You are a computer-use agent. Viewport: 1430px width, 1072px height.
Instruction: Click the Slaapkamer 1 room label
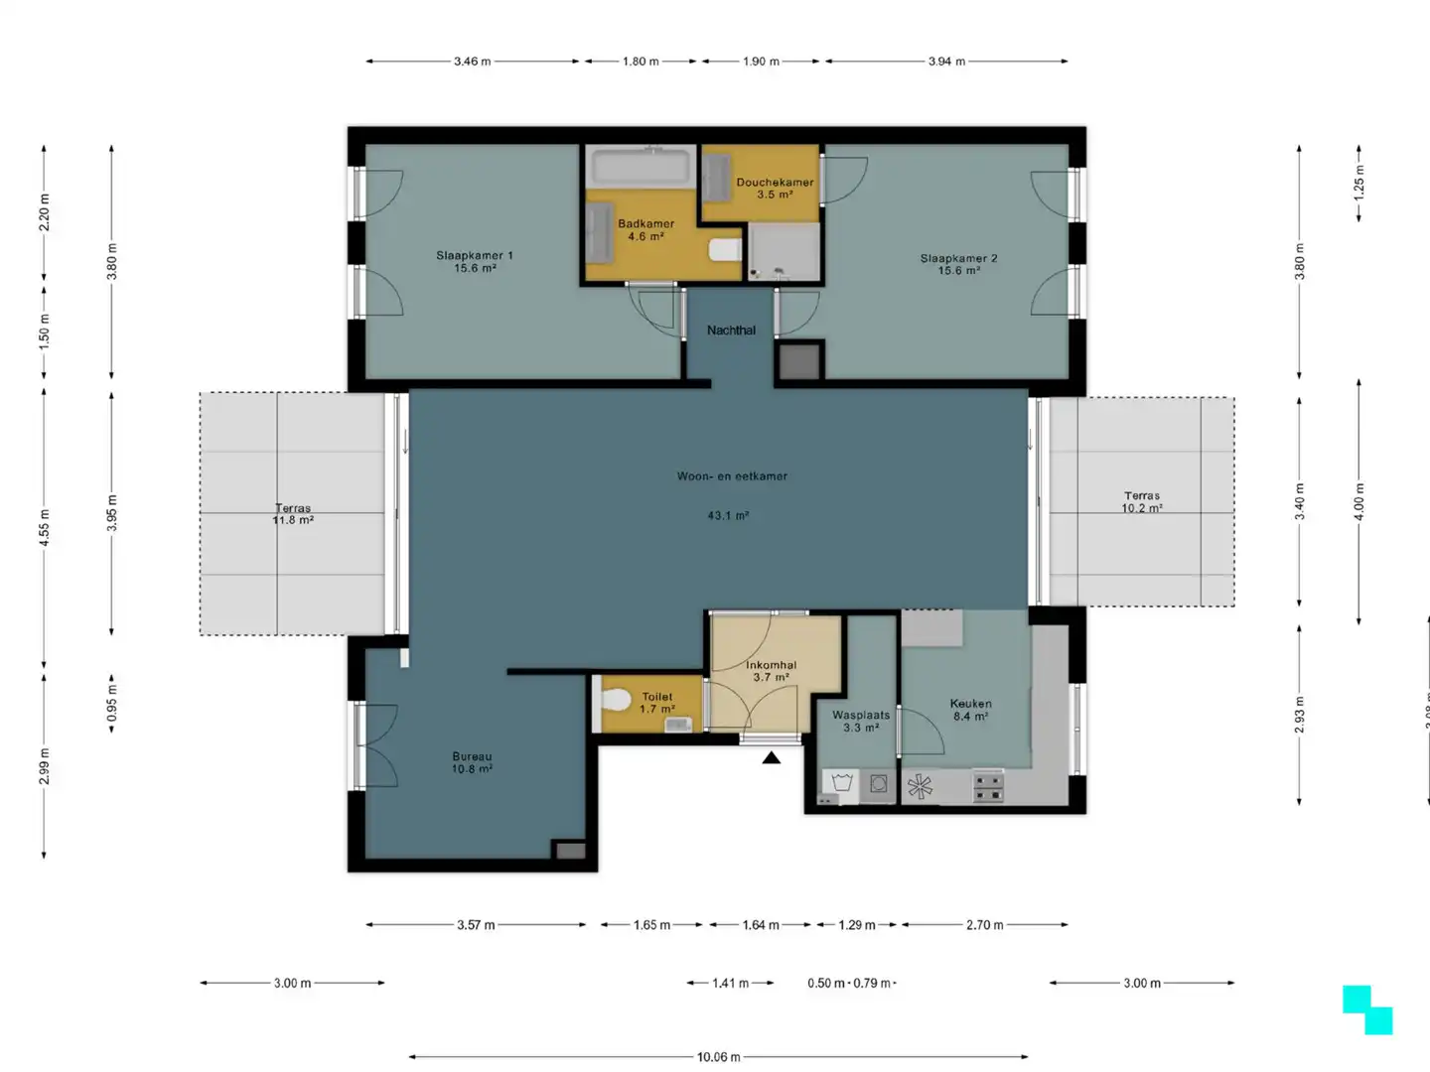(x=475, y=261)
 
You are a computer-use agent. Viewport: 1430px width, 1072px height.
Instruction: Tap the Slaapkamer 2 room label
(x=958, y=264)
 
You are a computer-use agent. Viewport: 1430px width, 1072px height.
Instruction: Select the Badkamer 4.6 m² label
(x=645, y=230)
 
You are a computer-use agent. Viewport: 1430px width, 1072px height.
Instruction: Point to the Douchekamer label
(x=775, y=183)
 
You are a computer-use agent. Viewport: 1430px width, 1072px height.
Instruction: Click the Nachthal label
(x=731, y=331)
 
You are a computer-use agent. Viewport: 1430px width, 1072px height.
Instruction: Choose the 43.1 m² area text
(x=728, y=516)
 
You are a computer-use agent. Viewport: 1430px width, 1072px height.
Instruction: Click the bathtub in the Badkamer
(x=639, y=165)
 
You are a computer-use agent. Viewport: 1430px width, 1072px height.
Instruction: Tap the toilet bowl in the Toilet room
(x=617, y=702)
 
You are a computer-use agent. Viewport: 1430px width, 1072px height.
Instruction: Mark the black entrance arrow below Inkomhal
(x=772, y=758)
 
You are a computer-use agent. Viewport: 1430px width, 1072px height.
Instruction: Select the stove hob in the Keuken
(x=988, y=787)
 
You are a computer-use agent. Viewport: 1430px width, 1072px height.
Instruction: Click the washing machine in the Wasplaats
(x=878, y=785)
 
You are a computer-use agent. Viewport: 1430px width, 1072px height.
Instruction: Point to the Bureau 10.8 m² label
(x=472, y=762)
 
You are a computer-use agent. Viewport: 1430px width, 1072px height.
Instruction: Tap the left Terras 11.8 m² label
(x=293, y=514)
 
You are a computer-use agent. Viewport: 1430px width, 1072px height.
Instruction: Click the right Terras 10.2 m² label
(x=1142, y=501)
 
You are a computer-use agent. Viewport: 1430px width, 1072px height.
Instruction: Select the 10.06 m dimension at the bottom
(x=718, y=1057)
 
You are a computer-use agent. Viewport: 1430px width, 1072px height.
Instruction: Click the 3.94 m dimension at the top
(x=946, y=62)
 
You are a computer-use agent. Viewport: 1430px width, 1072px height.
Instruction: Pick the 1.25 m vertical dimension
(x=1359, y=182)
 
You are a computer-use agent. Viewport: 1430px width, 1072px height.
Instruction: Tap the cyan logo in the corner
(x=1367, y=1009)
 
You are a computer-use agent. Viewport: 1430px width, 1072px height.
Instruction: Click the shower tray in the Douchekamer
(x=784, y=252)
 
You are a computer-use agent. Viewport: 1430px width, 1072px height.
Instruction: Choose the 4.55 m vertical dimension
(x=44, y=528)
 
